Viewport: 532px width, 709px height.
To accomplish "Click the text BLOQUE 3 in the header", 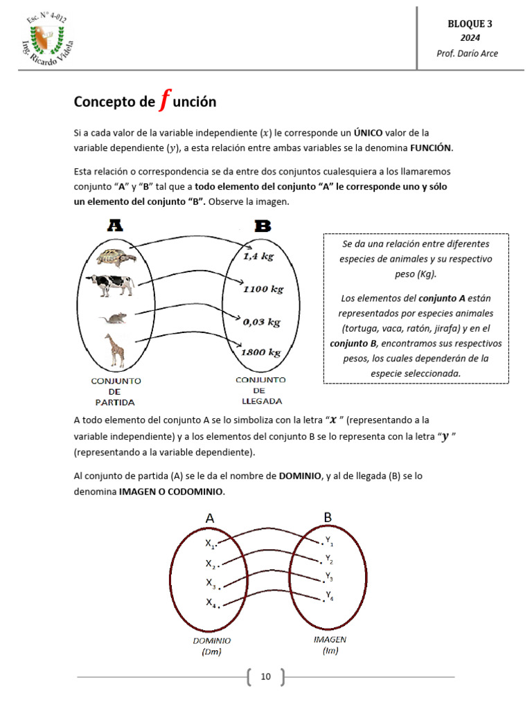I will click(x=469, y=24).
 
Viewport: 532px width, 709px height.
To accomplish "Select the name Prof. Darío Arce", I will click(x=467, y=53).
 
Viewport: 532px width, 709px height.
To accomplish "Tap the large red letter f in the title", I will click(x=163, y=100).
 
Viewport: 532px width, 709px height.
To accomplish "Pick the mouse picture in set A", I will click(x=113, y=318).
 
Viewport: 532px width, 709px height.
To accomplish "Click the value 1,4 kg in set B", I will click(x=258, y=256).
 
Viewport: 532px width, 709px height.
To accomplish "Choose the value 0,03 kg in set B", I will click(x=261, y=321).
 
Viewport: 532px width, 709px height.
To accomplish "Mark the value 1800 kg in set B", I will click(x=260, y=352).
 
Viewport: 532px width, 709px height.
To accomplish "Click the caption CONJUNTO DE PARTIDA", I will click(x=115, y=391).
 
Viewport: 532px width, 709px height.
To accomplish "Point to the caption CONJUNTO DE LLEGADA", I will click(x=260, y=390).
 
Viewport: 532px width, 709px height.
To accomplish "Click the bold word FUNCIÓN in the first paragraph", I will click(x=430, y=147).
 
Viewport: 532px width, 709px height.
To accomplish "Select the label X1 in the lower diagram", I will click(x=211, y=544).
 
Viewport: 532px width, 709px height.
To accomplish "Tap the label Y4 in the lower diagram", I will click(x=329, y=597).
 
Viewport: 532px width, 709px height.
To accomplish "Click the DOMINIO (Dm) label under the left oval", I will click(x=212, y=646).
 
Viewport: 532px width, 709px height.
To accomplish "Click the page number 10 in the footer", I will click(x=265, y=676).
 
